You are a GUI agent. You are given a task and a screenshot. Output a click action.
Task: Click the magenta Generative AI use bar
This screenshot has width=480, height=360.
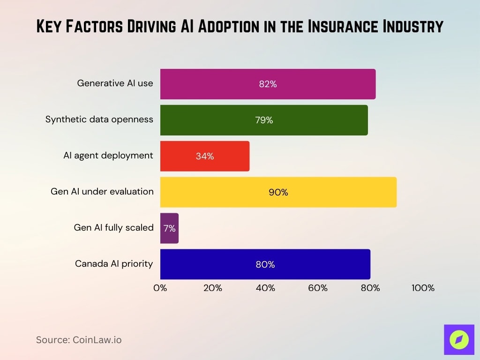click(x=268, y=84)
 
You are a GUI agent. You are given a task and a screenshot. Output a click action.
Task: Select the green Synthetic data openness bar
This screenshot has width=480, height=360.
click(x=264, y=120)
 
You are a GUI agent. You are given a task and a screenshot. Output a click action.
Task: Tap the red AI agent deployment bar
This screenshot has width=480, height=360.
click(x=205, y=156)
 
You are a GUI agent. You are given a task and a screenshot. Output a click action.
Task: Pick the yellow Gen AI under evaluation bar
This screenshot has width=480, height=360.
click(x=278, y=192)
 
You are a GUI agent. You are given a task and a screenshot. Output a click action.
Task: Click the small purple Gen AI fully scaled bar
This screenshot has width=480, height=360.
click(x=169, y=228)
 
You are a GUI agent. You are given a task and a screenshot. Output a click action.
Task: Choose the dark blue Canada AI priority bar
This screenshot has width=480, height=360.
click(x=265, y=264)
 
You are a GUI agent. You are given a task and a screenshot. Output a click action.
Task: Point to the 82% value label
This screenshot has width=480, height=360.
click(x=268, y=84)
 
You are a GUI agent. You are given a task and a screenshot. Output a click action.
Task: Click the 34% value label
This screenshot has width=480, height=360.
click(x=205, y=157)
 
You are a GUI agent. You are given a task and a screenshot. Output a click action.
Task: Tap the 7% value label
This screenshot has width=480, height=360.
click(x=169, y=229)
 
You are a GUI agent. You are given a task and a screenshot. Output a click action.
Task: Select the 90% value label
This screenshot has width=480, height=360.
click(x=278, y=193)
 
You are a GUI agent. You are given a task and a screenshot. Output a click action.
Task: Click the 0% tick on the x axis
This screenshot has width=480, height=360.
click(x=160, y=288)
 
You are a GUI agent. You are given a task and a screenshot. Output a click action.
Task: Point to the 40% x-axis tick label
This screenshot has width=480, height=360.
click(x=265, y=288)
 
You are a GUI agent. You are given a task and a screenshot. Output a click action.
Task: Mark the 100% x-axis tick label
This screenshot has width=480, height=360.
click(x=423, y=288)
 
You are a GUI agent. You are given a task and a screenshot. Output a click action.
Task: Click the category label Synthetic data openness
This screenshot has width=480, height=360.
click(x=99, y=120)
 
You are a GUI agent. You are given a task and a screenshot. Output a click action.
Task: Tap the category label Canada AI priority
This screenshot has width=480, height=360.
click(x=114, y=264)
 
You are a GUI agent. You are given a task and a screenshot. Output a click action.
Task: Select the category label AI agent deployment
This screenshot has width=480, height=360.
click(x=108, y=156)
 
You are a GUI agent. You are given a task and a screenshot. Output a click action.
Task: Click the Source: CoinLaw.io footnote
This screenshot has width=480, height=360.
click(x=79, y=340)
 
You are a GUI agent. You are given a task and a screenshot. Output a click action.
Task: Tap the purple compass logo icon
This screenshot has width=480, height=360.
click(x=459, y=339)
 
